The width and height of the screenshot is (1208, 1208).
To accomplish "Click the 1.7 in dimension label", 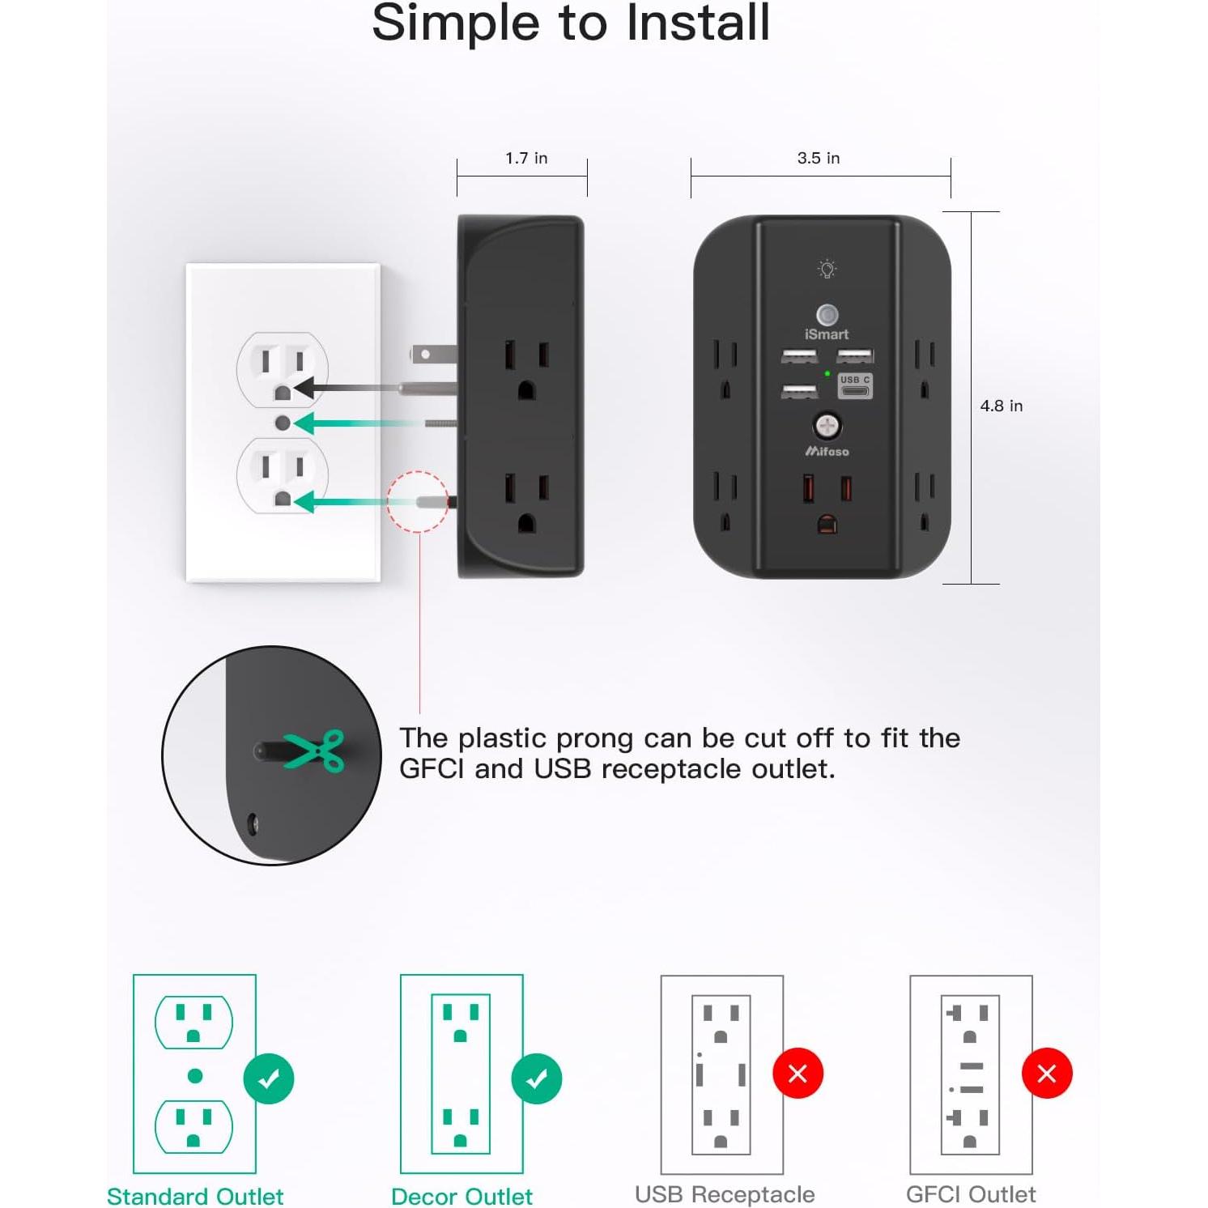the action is [526, 158].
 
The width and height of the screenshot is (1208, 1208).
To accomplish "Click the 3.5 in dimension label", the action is [819, 158].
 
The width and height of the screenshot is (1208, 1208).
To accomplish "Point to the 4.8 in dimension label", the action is [1002, 406].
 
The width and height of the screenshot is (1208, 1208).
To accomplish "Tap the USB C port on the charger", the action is [855, 386].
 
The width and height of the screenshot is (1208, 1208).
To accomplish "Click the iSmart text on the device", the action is [827, 334].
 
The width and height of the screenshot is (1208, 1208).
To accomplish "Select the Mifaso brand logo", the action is [827, 451].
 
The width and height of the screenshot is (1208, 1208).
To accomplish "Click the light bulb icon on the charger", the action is [827, 269].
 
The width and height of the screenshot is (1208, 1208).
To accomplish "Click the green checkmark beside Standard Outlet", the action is [269, 1078].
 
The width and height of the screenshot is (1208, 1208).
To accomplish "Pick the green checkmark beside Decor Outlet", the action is [537, 1078].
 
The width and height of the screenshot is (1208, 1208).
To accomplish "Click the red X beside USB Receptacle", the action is [798, 1074].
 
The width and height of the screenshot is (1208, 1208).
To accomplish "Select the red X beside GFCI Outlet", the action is [1047, 1074].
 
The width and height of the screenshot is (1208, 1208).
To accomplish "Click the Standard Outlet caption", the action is [195, 1196].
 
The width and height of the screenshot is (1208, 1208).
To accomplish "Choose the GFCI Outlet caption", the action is [971, 1194].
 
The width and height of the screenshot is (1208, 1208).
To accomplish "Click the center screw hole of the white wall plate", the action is [283, 423].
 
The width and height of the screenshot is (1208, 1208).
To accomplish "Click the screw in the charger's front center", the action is [827, 424].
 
